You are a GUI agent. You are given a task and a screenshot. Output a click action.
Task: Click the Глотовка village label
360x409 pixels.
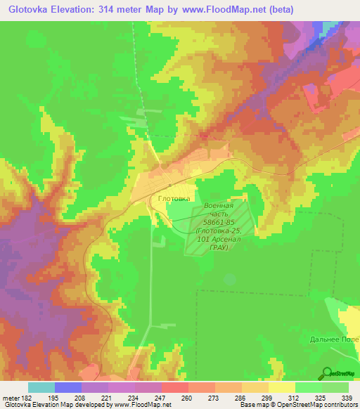174,199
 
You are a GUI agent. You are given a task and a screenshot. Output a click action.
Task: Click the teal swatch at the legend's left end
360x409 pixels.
41,387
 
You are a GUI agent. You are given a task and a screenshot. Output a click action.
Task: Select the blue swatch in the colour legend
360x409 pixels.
68,387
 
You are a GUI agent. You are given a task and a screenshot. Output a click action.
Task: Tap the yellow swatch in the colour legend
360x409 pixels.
282,387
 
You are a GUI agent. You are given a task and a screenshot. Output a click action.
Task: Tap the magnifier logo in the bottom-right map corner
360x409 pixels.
327,372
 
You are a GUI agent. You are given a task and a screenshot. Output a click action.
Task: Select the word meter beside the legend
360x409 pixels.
11,398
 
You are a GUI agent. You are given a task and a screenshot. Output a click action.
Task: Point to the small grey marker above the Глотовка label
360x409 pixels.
171,185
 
